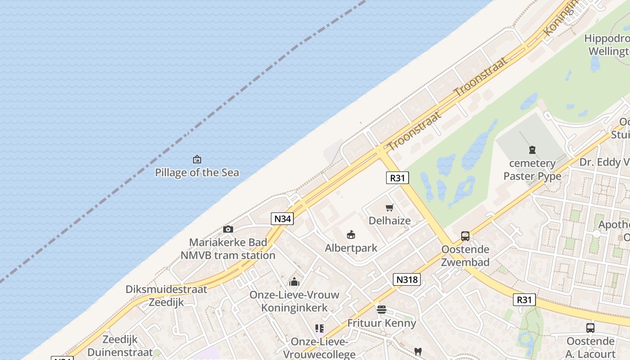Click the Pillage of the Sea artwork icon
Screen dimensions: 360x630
click(x=197, y=159)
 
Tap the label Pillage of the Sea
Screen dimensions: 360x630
click(x=197, y=172)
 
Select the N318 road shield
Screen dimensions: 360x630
click(x=407, y=279)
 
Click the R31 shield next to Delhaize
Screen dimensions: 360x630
click(x=397, y=178)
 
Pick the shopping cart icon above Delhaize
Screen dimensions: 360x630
click(x=390, y=207)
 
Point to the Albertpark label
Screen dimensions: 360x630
click(x=351, y=248)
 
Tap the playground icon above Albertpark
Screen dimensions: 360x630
click(x=351, y=234)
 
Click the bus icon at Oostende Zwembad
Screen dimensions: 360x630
click(x=465, y=236)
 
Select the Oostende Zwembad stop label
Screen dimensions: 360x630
click(x=465, y=256)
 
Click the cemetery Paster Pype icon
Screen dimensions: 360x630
click(x=532, y=150)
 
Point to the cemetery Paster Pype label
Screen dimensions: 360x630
click(x=532, y=170)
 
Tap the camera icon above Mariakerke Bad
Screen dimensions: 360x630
click(x=228, y=229)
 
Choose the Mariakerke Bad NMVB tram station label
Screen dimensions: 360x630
click(x=228, y=249)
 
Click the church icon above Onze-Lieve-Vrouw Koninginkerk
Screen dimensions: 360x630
click(x=294, y=282)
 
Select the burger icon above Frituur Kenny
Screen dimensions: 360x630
click(x=382, y=310)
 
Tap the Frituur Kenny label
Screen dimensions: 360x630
click(x=382, y=323)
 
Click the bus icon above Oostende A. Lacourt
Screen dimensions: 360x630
click(x=590, y=328)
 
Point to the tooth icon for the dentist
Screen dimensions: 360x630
click(x=418, y=351)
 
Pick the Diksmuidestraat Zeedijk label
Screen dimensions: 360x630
click(x=166, y=296)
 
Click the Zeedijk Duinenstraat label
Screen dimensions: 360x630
click(x=120, y=346)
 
